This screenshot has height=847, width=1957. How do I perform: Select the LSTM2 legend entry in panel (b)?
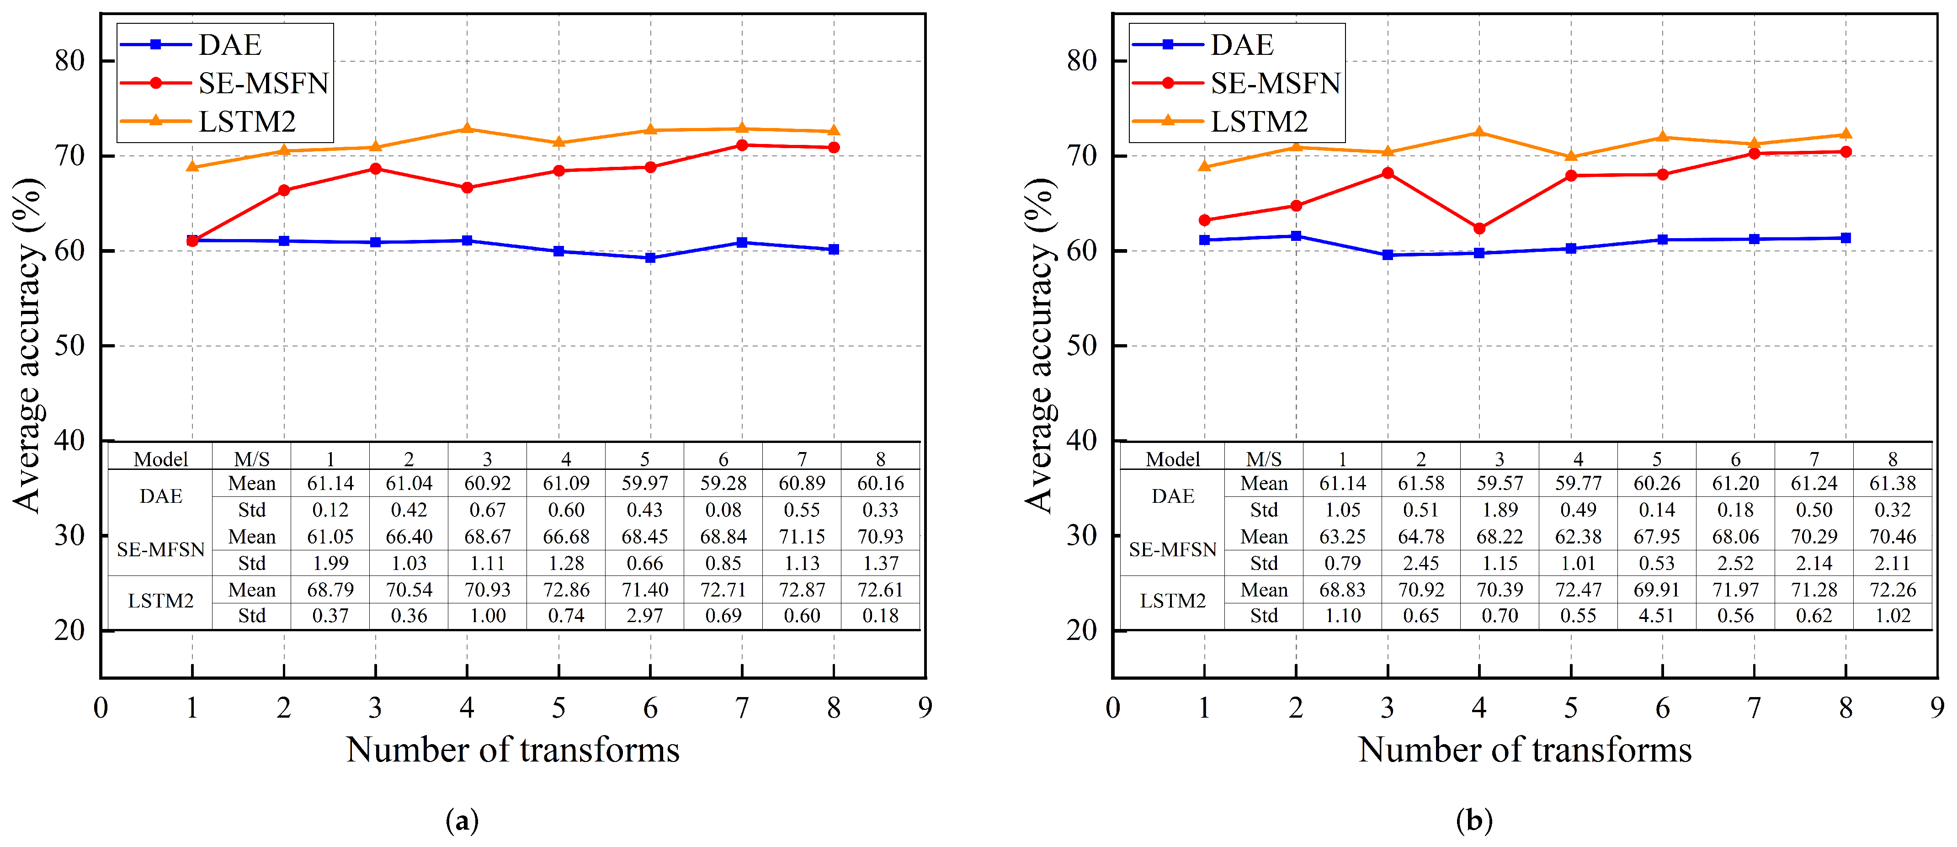pos(1259,122)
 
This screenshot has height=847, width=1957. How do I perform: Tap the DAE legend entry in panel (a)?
pos(229,45)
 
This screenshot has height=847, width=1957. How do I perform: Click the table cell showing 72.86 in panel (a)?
pos(566,590)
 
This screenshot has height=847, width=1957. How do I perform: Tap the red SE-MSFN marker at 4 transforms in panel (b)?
pos(1479,229)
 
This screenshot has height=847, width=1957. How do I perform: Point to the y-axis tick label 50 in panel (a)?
pos(70,346)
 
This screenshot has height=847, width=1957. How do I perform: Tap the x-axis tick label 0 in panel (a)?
pos(100,708)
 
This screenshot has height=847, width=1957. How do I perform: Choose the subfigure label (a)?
pos(462,820)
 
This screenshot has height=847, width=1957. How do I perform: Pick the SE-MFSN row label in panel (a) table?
pos(160,550)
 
